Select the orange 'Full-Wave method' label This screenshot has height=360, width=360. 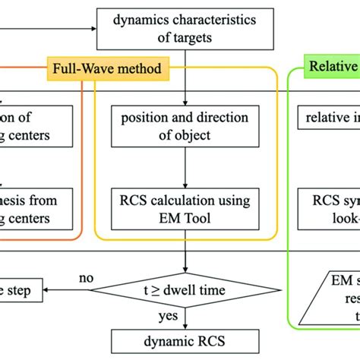(x=106, y=70)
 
